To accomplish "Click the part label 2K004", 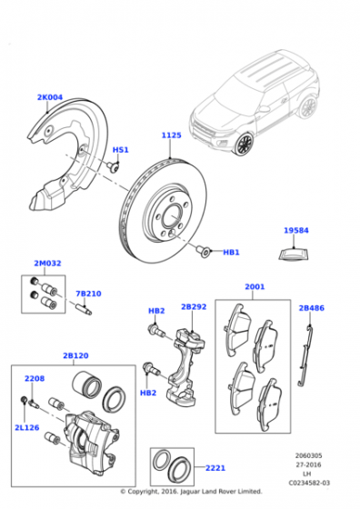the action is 50,97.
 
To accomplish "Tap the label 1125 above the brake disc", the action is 172,135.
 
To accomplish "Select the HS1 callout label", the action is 120,150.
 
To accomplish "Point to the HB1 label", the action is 231,253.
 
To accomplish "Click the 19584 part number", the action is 296,231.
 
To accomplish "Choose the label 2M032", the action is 47,264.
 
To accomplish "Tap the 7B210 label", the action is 88,294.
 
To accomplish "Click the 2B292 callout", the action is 194,307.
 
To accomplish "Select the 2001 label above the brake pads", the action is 255,286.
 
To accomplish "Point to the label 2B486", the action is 311,308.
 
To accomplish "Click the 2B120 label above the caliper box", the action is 75,355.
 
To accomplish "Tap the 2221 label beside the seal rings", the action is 215,468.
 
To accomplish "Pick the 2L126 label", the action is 27,427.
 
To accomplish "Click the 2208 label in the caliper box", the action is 35,378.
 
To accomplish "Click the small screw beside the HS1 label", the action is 113,167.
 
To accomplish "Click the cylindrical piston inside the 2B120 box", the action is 86,384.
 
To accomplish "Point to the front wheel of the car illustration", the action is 244,144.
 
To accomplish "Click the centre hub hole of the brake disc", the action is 172,215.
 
